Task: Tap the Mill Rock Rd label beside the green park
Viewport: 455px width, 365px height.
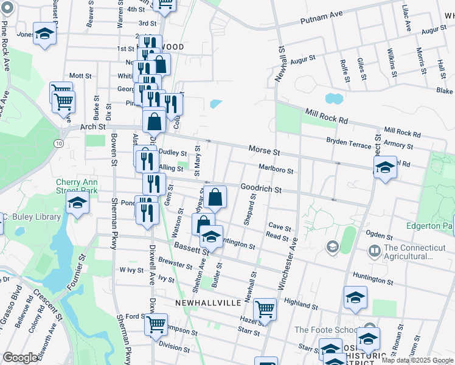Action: tap(326, 117)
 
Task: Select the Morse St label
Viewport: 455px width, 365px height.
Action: tap(263, 150)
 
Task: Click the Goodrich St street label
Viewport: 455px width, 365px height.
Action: tap(260, 189)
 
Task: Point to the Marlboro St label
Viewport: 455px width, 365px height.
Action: tap(276, 170)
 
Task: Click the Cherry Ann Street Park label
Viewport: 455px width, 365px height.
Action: tap(77, 186)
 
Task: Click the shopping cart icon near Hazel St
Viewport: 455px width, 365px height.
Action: tap(265, 309)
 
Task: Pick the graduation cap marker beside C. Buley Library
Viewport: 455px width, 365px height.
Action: tap(77, 203)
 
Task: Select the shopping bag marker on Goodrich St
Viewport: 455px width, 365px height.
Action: tap(215, 197)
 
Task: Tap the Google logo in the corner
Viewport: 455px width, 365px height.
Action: tap(21, 358)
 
